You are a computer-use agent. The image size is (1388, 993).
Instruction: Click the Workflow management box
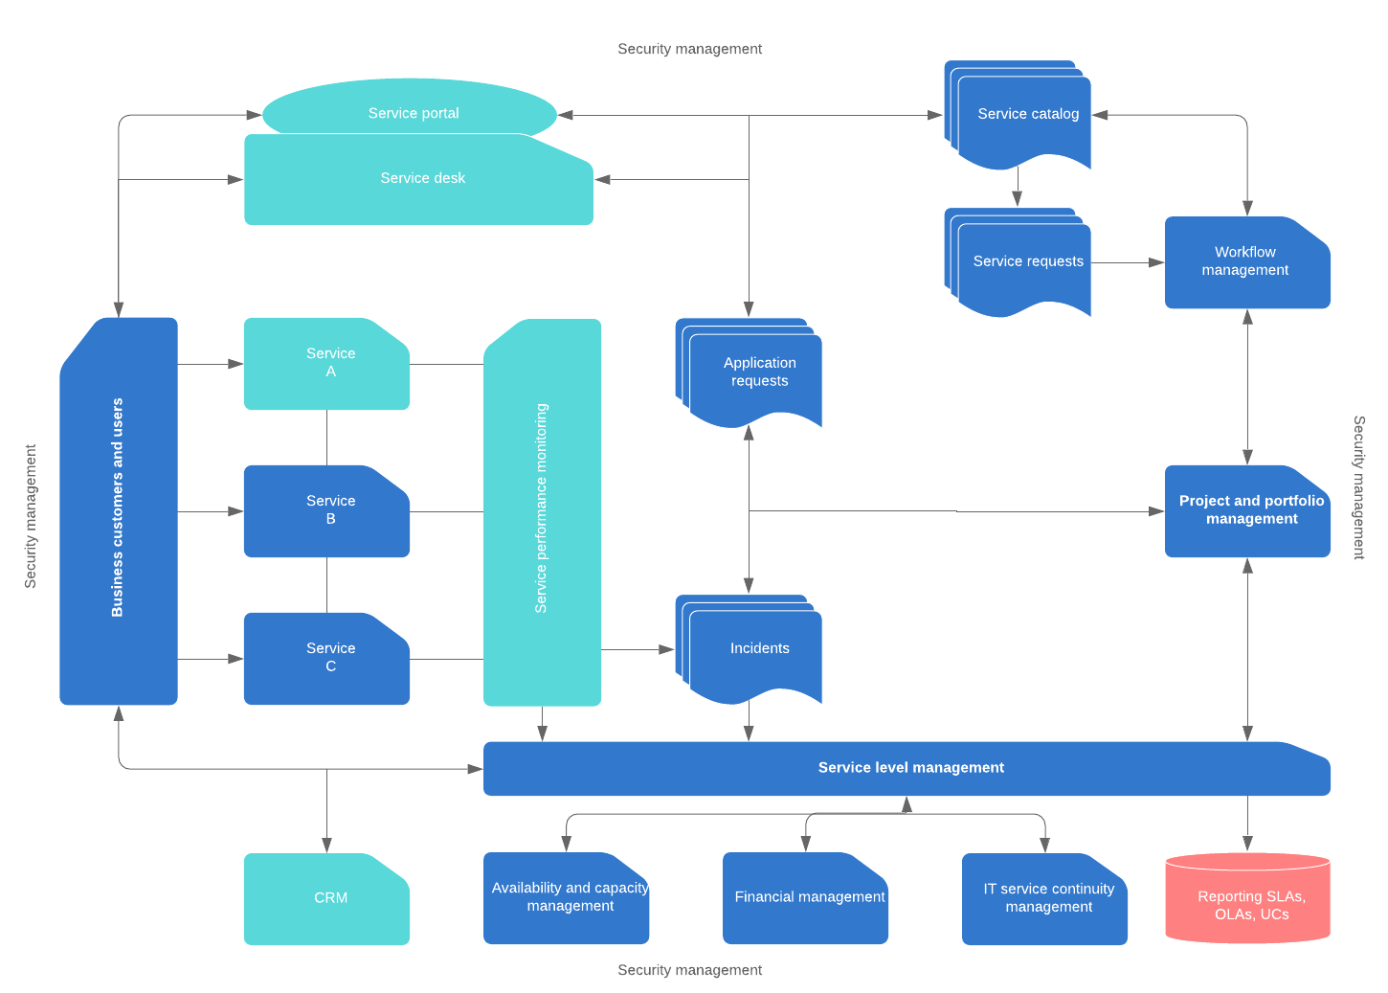click(1246, 261)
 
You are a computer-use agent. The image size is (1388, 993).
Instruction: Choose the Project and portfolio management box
click(1246, 510)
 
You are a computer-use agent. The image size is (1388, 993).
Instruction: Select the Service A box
click(326, 363)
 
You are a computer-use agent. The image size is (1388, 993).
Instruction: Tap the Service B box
click(326, 510)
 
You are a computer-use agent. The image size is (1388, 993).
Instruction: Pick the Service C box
click(326, 658)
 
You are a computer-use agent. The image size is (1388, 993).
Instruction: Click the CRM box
click(326, 898)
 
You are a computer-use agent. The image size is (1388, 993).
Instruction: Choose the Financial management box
click(805, 897)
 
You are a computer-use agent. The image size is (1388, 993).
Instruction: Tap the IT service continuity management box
click(1044, 898)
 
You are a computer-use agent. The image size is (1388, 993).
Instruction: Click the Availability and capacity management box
click(566, 897)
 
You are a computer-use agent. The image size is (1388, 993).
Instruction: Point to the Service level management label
click(910, 768)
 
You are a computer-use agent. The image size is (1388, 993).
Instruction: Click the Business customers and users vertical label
click(118, 508)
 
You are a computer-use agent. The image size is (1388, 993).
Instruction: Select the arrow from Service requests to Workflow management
click(1127, 262)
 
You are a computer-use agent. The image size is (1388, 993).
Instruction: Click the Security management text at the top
click(689, 49)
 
